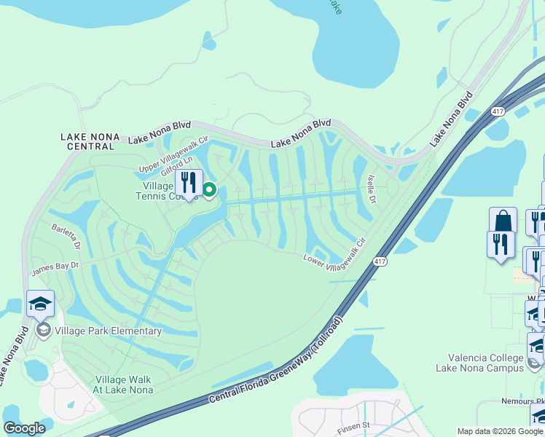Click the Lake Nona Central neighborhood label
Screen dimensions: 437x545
[x=87, y=141]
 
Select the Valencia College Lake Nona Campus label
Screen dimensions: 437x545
[x=486, y=363]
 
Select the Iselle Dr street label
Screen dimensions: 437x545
[x=371, y=188]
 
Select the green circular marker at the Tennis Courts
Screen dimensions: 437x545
[x=209, y=191]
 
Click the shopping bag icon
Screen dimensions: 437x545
[x=503, y=221]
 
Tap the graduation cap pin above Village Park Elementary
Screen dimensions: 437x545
[x=41, y=304]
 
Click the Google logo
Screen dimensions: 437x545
[x=24, y=428]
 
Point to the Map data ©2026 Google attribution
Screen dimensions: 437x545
[x=500, y=431]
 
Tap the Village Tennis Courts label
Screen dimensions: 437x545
[x=167, y=191]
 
